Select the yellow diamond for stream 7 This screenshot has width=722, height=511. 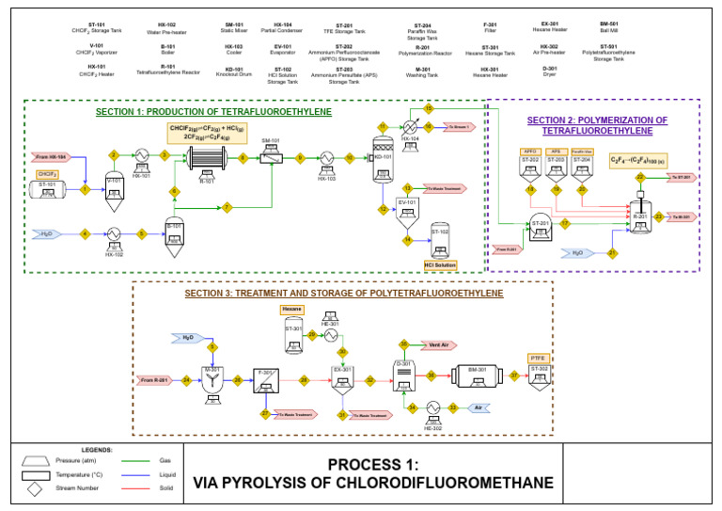coord(227,206)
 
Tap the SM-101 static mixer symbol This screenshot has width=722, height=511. coord(271,158)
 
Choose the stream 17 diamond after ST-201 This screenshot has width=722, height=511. coord(565,223)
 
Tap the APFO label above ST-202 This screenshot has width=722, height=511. coord(530,151)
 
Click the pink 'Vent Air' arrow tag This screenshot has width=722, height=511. coord(434,344)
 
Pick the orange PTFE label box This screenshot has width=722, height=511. coord(539,357)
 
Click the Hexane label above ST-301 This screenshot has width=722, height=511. coord(292,310)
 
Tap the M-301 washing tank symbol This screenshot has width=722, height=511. coord(212,377)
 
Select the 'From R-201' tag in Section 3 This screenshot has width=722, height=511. coord(153,380)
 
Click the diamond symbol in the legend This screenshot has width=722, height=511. coord(37,490)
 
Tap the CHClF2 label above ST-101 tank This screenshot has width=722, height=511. coord(47,174)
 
